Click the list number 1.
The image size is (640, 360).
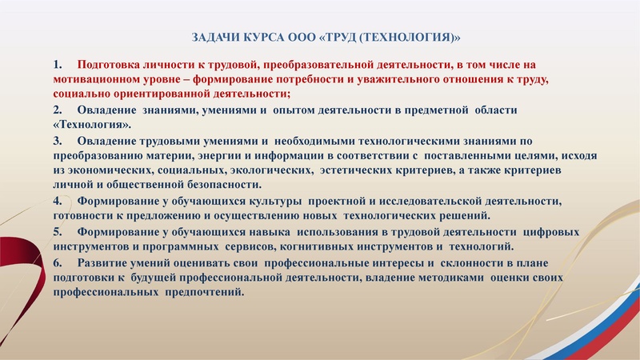(57, 63)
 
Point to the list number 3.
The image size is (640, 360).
(57, 140)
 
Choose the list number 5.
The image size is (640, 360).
(57, 231)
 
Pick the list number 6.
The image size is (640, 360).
(57, 262)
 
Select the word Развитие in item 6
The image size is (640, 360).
(107, 262)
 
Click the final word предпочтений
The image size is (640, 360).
(204, 292)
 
